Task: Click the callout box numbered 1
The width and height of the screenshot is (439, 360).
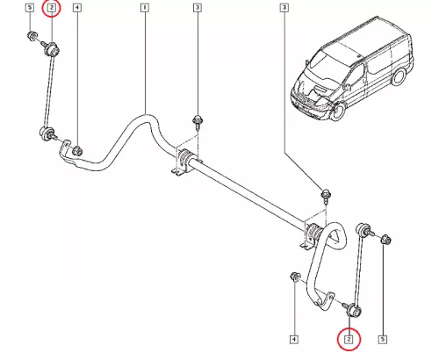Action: [145, 8]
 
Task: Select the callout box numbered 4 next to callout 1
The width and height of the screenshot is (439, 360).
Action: [76, 8]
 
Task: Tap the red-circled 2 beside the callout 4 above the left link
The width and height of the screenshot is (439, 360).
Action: [51, 8]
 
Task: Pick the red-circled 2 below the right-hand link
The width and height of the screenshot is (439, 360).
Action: [349, 340]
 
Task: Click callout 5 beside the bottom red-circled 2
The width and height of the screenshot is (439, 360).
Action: [383, 340]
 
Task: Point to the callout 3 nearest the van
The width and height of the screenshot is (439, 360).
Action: [284, 8]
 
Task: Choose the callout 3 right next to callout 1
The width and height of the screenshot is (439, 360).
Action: [198, 8]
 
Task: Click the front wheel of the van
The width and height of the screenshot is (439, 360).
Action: [339, 111]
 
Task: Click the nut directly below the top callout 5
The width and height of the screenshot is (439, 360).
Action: [32, 36]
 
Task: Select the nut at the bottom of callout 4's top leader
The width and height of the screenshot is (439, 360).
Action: [77, 150]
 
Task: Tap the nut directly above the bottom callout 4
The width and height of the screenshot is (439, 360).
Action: [295, 277]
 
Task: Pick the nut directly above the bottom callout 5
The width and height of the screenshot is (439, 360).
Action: [385, 240]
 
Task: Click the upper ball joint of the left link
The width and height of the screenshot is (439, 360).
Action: [51, 49]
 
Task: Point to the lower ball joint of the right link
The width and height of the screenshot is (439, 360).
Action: [353, 311]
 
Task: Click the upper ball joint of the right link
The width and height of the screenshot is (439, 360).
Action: [363, 229]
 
